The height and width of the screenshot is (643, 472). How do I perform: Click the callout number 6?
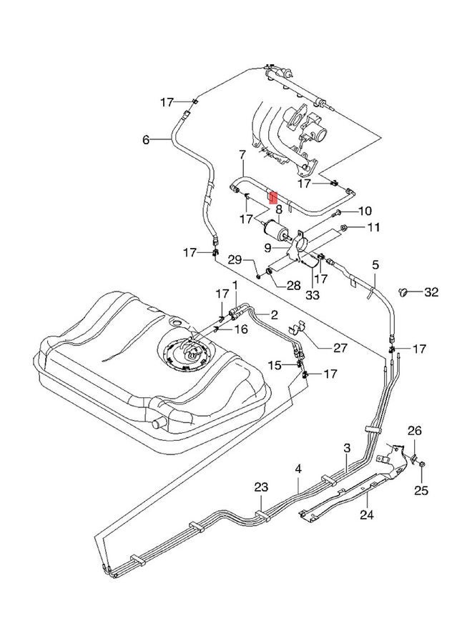146,139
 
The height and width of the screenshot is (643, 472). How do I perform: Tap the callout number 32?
431,291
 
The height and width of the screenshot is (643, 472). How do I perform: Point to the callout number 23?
261,487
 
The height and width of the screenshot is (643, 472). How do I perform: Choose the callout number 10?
365,211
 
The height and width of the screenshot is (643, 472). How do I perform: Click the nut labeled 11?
344,229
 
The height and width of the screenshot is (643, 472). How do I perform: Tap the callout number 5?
375,265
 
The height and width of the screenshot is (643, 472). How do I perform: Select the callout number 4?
300,469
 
